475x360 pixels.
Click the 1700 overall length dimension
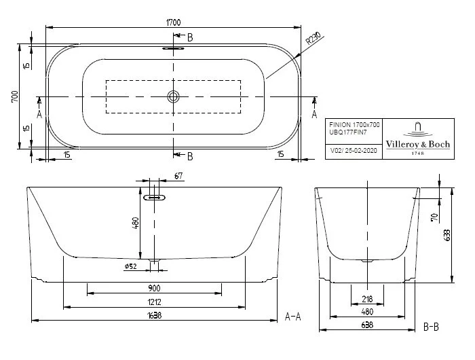tap(173, 22)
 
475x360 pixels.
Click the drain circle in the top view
tap(173, 96)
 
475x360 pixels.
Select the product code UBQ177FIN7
tap(347, 134)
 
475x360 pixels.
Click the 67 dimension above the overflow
tap(178, 177)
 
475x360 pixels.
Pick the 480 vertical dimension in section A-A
tap(136, 223)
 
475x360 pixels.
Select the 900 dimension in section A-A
tap(155, 287)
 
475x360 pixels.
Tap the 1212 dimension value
tap(155, 302)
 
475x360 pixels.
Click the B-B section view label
tap(432, 327)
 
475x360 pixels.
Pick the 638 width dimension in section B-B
tap(366, 325)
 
